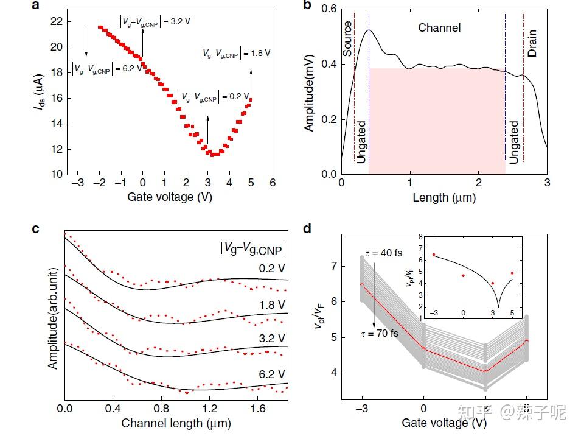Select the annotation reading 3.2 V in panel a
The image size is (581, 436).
156,21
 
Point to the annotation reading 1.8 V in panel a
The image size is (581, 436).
235,53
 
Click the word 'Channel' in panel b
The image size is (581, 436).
439,28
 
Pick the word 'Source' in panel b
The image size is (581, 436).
348,39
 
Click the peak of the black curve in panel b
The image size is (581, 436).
369,30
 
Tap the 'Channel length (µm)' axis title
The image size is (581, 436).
176,422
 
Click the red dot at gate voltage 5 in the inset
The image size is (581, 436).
512,273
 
